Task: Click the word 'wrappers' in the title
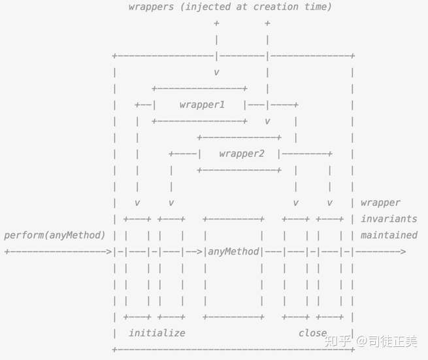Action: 151,7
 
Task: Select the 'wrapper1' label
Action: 202,105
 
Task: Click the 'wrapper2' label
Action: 242,154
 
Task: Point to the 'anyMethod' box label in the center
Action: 233,252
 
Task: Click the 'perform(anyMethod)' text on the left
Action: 55,235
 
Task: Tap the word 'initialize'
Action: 157,333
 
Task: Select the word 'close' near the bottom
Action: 312,333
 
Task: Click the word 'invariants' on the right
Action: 389,219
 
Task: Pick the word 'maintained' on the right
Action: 389,235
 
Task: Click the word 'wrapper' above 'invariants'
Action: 380,203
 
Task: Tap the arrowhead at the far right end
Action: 403,252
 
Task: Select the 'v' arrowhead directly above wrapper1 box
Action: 216,73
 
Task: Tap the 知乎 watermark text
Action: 339,340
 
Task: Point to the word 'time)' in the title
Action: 318,7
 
